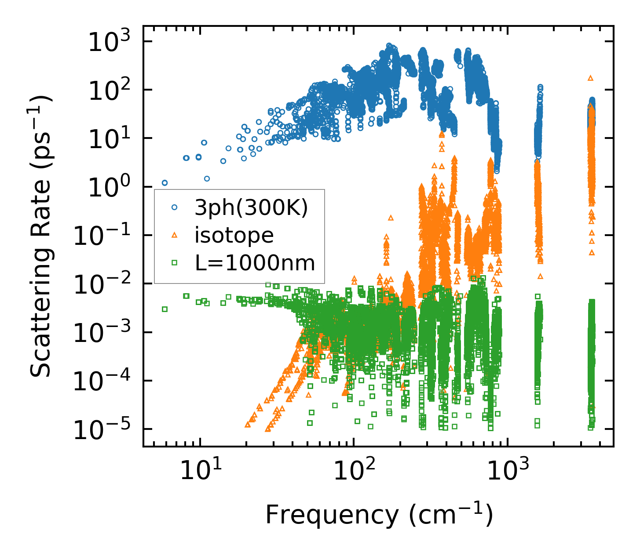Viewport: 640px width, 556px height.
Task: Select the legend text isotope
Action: tap(234, 236)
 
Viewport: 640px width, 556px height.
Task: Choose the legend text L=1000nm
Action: tap(255, 263)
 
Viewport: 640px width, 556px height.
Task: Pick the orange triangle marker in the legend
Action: tap(174, 235)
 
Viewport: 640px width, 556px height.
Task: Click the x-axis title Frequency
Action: tap(379, 515)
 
